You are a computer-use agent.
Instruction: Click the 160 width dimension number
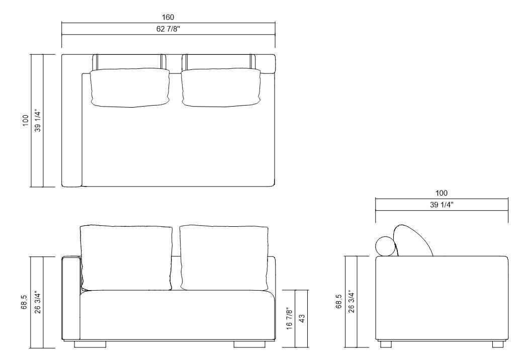click(x=168, y=18)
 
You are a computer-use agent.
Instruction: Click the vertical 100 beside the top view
click(x=25, y=121)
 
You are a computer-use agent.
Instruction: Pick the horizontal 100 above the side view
click(x=441, y=193)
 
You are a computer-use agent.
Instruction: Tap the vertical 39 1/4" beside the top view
click(x=37, y=121)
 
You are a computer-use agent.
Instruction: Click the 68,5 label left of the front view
click(x=25, y=302)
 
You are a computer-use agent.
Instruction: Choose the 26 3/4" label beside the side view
click(x=351, y=302)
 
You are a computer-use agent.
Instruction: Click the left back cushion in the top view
click(x=129, y=88)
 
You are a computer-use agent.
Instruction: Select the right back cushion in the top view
click(x=220, y=88)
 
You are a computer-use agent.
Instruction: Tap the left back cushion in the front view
click(x=126, y=257)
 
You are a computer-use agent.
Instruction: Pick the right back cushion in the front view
click(x=224, y=257)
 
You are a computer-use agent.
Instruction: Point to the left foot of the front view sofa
click(x=91, y=344)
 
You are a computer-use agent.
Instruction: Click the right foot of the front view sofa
click(x=250, y=344)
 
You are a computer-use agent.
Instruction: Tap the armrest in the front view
click(x=71, y=299)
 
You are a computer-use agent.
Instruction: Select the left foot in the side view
click(x=386, y=344)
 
